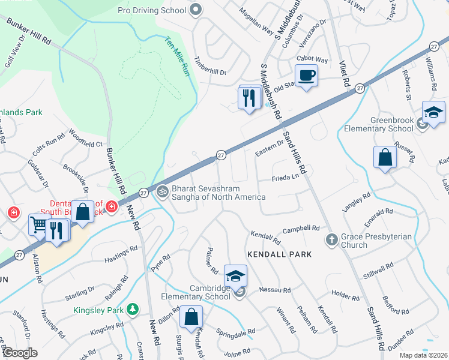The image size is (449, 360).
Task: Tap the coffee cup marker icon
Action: (306, 76)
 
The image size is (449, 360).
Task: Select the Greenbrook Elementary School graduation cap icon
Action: (433, 112)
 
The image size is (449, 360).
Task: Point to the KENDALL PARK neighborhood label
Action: (279, 254)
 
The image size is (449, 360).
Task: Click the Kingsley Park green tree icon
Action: (132, 310)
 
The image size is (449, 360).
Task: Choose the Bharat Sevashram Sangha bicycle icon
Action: (162, 192)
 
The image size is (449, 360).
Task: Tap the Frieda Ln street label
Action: (285, 178)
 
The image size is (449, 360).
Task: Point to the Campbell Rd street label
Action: (301, 228)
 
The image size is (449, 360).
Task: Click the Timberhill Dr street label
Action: (210, 67)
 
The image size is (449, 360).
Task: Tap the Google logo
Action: (19, 352)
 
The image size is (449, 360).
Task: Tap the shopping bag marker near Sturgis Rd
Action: (191, 317)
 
